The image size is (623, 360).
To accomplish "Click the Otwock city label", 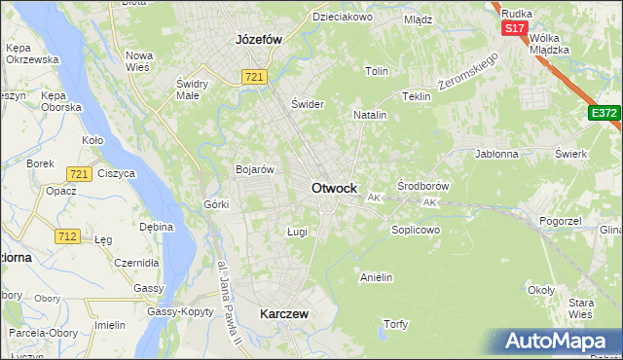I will (333, 188).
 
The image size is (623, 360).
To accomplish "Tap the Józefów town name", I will (258, 40).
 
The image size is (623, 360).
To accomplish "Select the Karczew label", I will (284, 314).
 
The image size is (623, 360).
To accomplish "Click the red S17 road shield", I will (515, 28).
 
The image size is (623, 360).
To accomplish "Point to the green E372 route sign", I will (604, 114).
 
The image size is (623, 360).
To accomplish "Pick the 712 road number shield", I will (67, 235).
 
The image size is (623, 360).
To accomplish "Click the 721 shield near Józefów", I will (255, 77).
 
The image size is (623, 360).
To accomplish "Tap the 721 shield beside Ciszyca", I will (80, 174).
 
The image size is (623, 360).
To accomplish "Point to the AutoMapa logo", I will (554, 342).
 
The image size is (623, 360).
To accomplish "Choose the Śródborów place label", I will (422, 185).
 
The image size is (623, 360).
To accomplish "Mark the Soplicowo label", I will (416, 231).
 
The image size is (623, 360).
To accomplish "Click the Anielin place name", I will (376, 277).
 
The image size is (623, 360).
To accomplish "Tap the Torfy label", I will (394, 323).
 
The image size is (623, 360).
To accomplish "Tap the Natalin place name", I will (370, 115).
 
